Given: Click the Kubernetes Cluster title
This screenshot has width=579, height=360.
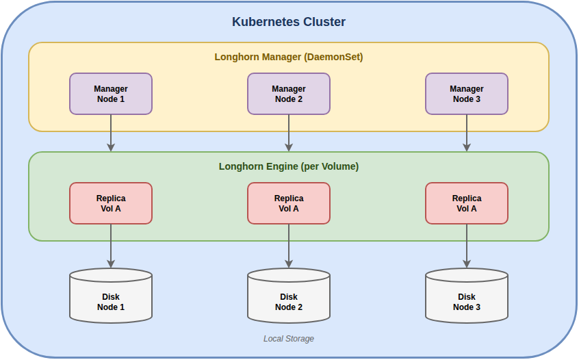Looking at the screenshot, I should click(289, 22).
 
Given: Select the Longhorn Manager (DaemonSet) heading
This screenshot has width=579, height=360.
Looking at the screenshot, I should click(289, 57).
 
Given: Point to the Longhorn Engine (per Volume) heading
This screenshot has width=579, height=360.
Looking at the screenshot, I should click(289, 166).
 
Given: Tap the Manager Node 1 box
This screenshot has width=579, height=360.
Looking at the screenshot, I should click(111, 94).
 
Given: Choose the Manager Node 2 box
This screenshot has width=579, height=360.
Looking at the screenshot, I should click(289, 94).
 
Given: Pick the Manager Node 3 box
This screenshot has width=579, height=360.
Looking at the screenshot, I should click(467, 94).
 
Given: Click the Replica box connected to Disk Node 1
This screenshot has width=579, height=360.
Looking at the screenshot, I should click(111, 203).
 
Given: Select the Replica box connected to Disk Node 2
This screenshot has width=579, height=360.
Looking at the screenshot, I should click(289, 203).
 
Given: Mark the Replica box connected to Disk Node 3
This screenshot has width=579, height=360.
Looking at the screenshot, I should click(467, 203).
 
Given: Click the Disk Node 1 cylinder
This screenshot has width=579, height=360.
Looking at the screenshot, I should click(111, 298).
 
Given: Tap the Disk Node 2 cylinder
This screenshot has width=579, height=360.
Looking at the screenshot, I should click(289, 298).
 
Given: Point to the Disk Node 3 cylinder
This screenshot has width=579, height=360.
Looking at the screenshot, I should click(467, 298).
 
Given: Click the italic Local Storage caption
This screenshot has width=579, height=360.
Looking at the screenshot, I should click(289, 339).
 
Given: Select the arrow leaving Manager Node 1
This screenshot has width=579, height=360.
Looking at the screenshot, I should click(111, 133).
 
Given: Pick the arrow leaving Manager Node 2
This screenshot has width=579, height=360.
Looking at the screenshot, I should click(289, 133).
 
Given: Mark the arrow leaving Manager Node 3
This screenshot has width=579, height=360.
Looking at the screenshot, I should click(467, 133).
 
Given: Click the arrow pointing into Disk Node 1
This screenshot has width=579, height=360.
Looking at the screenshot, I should click(111, 246).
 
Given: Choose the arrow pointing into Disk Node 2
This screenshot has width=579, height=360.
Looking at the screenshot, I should click(289, 246).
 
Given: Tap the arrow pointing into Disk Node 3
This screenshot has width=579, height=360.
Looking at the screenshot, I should click(467, 246).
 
